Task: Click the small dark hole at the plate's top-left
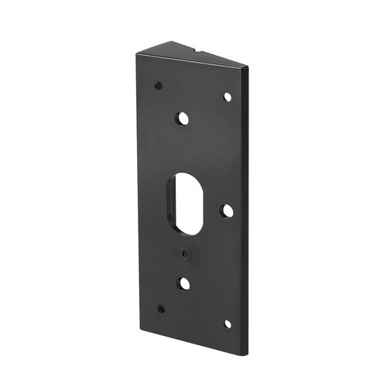(x=158, y=85)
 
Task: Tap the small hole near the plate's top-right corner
(x=228, y=97)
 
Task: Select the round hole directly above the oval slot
(x=183, y=119)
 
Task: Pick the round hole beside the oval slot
(x=228, y=211)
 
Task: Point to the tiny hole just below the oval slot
(x=185, y=253)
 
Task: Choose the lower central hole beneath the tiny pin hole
(x=183, y=283)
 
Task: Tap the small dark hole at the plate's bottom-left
(x=160, y=308)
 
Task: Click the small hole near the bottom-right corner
(x=228, y=324)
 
